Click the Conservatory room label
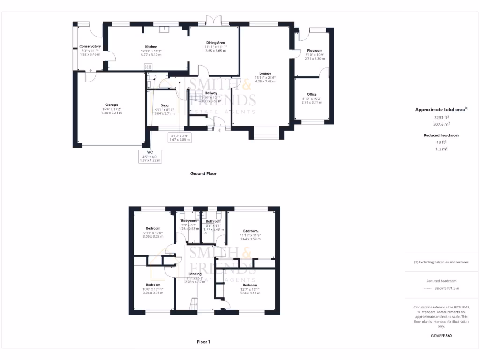coord(90,46)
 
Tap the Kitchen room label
coord(151,47)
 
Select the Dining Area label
coord(215,43)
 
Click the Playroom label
coord(315,50)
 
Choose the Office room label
coord(312,94)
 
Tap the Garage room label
coord(112,105)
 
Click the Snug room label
coord(164,105)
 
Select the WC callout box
coord(150,156)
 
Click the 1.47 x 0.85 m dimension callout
coord(180,140)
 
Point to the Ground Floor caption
coord(203,173)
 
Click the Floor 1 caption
coord(203,342)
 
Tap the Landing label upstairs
coord(195,274)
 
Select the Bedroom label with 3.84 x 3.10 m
coord(250,285)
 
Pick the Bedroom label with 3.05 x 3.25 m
coord(153,228)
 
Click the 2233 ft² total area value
coord(441,118)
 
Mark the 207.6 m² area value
coord(441,124)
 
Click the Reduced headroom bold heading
coord(441,135)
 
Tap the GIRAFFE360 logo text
coord(441,336)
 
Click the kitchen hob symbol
coord(148,67)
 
